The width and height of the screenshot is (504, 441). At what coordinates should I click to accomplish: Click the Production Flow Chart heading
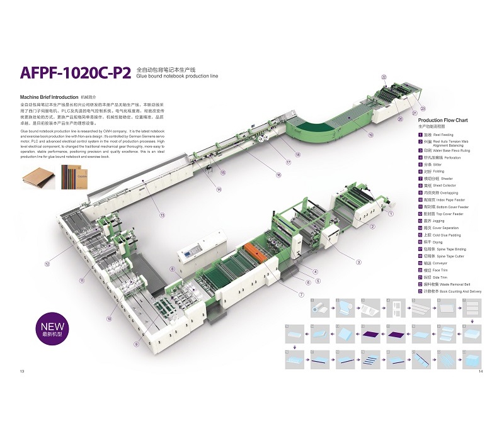click(443, 120)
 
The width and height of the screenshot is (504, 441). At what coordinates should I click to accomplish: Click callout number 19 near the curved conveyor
click(370, 135)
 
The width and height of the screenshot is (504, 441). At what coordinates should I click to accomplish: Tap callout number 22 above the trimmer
click(384, 77)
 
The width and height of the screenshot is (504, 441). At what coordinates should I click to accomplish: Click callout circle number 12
click(47, 264)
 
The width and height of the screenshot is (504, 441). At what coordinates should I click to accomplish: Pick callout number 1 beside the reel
click(391, 214)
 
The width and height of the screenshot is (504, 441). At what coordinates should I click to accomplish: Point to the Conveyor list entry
click(437, 264)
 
